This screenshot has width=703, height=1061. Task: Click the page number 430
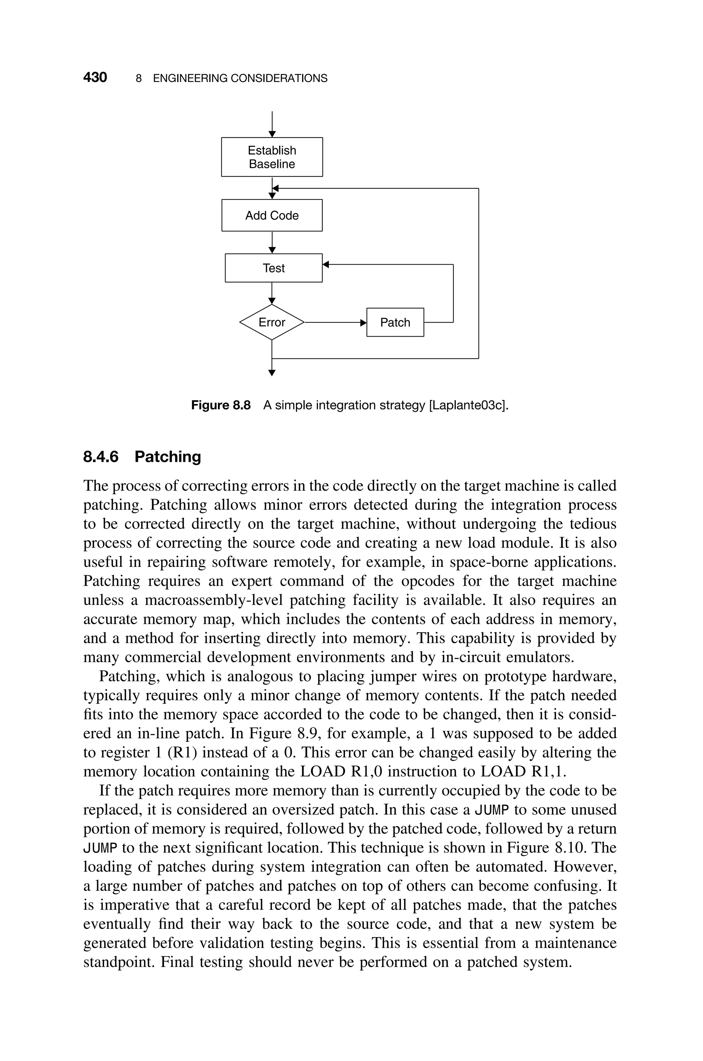pyautogui.click(x=95, y=78)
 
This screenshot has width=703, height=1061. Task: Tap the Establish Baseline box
pyautogui.click(x=272, y=157)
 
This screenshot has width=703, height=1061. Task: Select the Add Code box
pyautogui.click(x=272, y=215)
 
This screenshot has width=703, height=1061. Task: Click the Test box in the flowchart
pyautogui.click(x=274, y=268)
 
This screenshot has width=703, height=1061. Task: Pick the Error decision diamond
pyautogui.click(x=272, y=322)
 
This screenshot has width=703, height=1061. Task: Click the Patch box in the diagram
pyautogui.click(x=395, y=322)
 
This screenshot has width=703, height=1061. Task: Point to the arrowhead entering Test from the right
pyautogui.click(x=326, y=265)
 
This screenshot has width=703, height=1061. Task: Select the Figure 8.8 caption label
pyautogui.click(x=221, y=406)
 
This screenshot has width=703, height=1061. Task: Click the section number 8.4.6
pyautogui.click(x=101, y=457)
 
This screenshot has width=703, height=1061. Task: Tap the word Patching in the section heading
pyautogui.click(x=168, y=457)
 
